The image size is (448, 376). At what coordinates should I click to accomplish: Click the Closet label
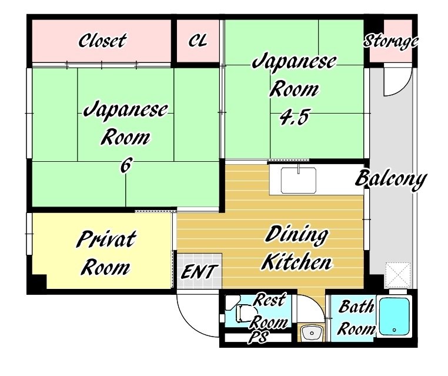tap(102, 41)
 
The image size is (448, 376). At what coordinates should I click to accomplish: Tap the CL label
tap(198, 41)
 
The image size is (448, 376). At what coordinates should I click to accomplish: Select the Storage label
tap(390, 41)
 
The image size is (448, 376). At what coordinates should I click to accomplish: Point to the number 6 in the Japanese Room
tap(126, 165)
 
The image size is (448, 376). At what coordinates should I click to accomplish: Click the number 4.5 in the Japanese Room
tap(294, 118)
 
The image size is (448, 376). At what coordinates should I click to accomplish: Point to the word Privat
tap(106, 239)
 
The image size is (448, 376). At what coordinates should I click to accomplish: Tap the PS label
tap(258, 337)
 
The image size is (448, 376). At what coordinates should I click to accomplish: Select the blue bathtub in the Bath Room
tap(394, 316)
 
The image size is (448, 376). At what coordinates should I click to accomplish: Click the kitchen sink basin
tap(299, 181)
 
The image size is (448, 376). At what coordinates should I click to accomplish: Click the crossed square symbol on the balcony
tap(399, 275)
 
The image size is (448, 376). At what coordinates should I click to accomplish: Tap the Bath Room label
tap(356, 317)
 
